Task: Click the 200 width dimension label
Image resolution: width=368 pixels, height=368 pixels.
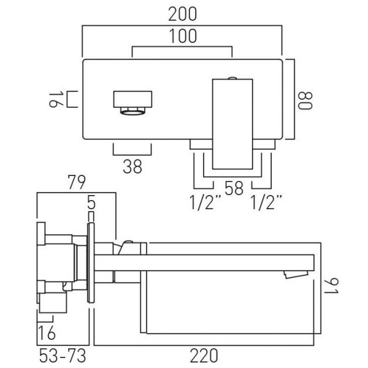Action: click(x=183, y=14)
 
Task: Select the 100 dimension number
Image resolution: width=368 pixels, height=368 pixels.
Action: click(x=183, y=36)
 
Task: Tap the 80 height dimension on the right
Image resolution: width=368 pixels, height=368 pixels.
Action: click(x=305, y=101)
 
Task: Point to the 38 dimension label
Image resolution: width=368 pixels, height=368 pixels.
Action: click(x=132, y=166)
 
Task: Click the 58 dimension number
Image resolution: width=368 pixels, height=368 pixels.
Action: click(x=234, y=188)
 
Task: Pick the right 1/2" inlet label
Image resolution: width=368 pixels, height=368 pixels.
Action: click(x=266, y=202)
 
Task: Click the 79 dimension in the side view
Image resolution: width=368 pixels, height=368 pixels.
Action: click(x=77, y=182)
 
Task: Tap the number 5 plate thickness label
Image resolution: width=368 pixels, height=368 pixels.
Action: click(x=91, y=202)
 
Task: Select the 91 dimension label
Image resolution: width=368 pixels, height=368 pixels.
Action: click(x=331, y=286)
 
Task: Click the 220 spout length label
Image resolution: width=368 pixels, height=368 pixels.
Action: click(x=204, y=356)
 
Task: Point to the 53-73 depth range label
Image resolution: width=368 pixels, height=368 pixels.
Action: click(x=63, y=356)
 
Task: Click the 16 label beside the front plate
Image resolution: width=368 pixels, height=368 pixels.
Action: click(x=56, y=100)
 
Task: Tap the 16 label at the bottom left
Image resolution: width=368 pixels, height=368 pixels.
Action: click(x=47, y=332)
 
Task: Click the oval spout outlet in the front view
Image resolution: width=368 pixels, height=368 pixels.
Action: click(x=132, y=112)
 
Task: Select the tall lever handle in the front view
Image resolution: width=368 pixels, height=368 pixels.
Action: click(x=232, y=124)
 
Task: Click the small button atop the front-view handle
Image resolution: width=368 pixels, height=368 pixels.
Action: click(x=232, y=78)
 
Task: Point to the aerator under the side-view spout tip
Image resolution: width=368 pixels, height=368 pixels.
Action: click(x=296, y=274)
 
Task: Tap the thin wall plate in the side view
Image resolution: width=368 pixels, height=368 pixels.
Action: click(x=91, y=263)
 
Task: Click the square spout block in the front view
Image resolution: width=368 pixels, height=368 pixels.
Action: click(x=133, y=99)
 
